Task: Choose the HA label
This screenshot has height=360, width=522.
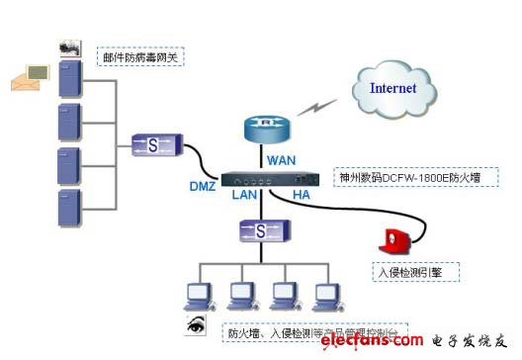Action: [x=302, y=195]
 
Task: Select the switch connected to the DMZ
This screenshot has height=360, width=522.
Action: [x=153, y=144]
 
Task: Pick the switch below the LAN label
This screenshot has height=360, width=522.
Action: [x=260, y=231]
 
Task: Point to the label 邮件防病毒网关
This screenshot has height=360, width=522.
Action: [x=141, y=57]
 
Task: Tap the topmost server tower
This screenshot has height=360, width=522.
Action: [x=69, y=76]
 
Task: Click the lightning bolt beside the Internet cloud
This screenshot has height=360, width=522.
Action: [x=319, y=105]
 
